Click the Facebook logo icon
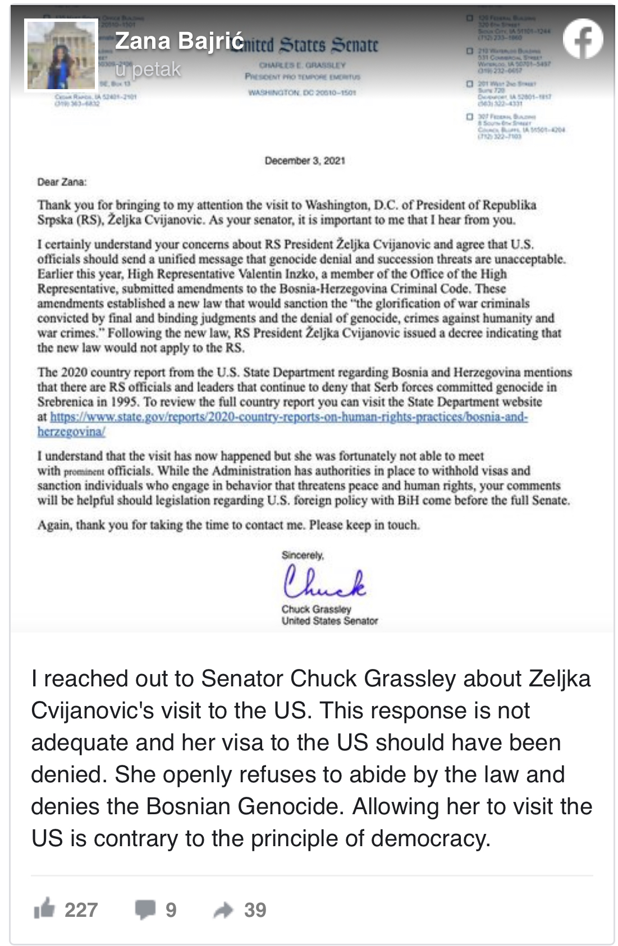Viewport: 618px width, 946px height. pyautogui.click(x=583, y=39)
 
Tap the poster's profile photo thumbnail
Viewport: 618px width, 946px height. pyautogui.click(x=61, y=54)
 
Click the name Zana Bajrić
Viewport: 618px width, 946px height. pyautogui.click(x=179, y=41)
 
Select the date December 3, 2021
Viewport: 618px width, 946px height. pyautogui.click(x=305, y=161)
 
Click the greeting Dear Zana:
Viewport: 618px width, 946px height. pyautogui.click(x=62, y=182)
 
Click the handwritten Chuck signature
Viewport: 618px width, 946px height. pyautogui.click(x=324, y=582)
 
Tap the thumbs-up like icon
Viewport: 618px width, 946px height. pyautogui.click(x=44, y=909)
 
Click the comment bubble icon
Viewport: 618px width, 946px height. pyautogui.click(x=145, y=909)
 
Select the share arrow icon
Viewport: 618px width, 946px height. pyautogui.click(x=223, y=910)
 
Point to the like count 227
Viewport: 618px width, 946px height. pyautogui.click(x=81, y=910)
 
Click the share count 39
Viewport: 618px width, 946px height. pyautogui.click(x=255, y=910)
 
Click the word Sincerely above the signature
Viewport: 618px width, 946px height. pyautogui.click(x=303, y=555)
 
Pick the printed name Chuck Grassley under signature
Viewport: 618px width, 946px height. pyautogui.click(x=316, y=609)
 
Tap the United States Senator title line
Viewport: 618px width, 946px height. pyautogui.click(x=329, y=621)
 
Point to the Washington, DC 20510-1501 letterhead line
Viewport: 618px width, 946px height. pyautogui.click(x=302, y=93)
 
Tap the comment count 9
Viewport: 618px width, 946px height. pyautogui.click(x=171, y=910)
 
